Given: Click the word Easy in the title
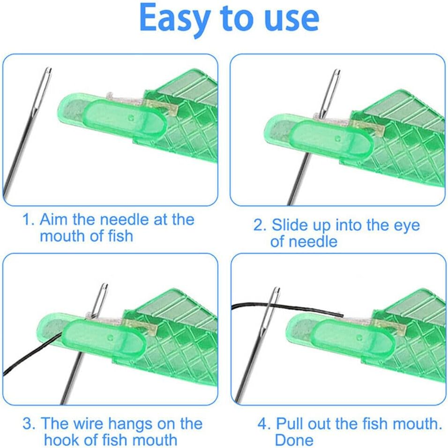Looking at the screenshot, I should (x=176, y=19).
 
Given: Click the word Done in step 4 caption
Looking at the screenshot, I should (x=294, y=440).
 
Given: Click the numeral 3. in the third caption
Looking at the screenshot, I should (x=29, y=424).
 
